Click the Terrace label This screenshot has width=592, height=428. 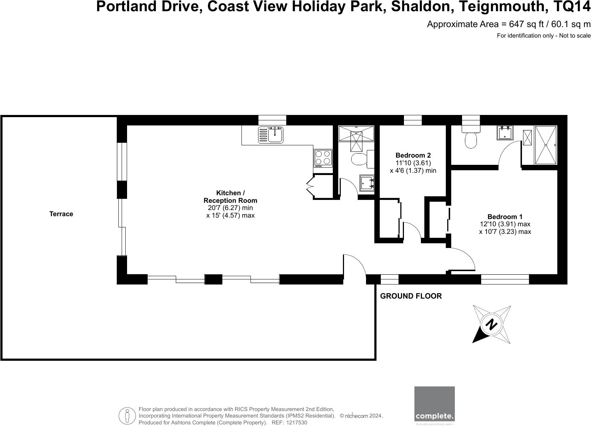click(61, 214)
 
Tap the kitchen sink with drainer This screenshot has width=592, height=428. click(271, 135)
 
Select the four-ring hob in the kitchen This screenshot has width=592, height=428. click(323, 158)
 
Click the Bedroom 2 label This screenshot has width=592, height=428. click(413, 155)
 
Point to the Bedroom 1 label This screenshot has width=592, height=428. click(505, 217)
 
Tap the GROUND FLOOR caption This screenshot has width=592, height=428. click(411, 296)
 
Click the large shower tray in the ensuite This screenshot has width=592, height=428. click(546, 145)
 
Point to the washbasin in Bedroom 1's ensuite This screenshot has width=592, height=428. click(505, 133)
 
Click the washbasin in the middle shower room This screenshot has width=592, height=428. click(367, 183)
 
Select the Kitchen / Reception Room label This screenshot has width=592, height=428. click(230, 197)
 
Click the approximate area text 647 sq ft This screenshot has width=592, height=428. click(526, 24)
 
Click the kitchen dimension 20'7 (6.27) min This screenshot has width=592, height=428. click(230, 208)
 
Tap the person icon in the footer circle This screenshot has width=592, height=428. click(127, 416)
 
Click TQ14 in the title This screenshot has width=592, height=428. click(571, 7)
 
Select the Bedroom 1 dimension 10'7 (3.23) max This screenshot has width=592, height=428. click(505, 232)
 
